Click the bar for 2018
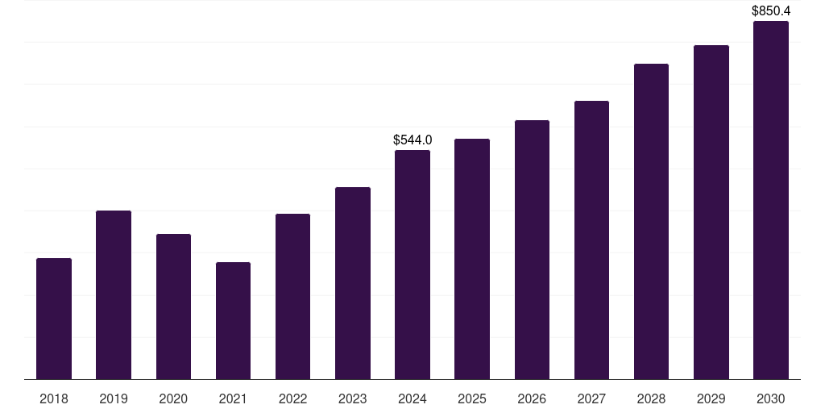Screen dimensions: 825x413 (54, 319)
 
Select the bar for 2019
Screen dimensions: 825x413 (114, 295)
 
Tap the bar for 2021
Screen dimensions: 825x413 (233, 321)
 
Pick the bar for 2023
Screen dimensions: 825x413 (353, 283)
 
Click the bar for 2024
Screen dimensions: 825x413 (412, 265)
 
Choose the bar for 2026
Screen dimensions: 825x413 (532, 250)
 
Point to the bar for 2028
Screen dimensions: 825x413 (651, 222)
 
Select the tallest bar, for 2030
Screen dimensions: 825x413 (771, 200)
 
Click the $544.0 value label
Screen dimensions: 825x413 (412, 140)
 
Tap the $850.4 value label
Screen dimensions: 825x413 (771, 10)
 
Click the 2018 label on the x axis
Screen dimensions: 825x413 (54, 398)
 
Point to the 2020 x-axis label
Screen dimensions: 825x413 (173, 398)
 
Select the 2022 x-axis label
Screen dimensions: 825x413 (292, 398)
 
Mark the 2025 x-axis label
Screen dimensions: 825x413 (472, 398)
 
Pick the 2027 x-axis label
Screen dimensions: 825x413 (591, 398)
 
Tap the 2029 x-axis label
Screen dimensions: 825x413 (711, 398)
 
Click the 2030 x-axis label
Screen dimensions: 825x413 (771, 398)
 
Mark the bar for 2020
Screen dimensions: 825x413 (173, 307)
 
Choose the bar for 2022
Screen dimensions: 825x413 (292, 297)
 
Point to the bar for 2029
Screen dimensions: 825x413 (711, 212)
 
